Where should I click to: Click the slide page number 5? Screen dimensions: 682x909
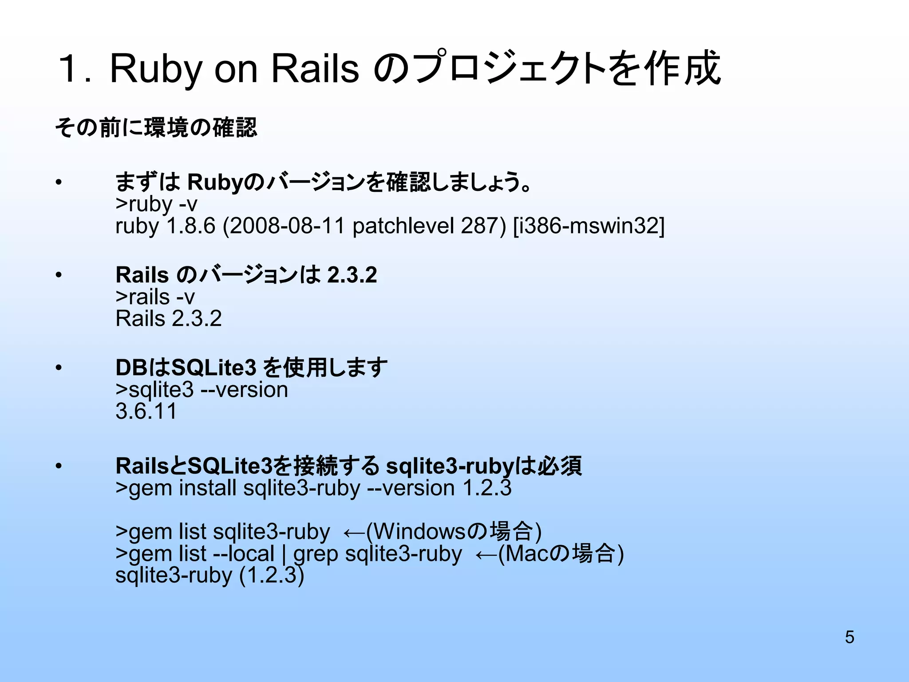click(849, 637)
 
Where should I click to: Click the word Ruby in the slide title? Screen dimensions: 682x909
click(155, 69)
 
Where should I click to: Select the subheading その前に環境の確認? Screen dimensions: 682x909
click(156, 128)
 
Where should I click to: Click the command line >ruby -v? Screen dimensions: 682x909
click(156, 204)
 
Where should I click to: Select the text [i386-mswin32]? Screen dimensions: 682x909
click(589, 226)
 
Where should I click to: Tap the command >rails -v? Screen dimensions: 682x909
click(155, 297)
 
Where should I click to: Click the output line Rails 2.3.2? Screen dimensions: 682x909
click(168, 318)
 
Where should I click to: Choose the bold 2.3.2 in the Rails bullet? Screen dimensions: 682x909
click(352, 275)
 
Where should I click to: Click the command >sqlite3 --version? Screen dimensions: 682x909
click(202, 390)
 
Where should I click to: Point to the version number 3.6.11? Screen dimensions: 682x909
click(146, 411)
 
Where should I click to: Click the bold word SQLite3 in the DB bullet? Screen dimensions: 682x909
click(213, 368)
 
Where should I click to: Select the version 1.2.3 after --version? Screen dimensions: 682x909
click(486, 488)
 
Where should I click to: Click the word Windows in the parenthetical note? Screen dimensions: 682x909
click(419, 531)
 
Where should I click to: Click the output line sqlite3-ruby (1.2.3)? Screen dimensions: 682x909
click(209, 575)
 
